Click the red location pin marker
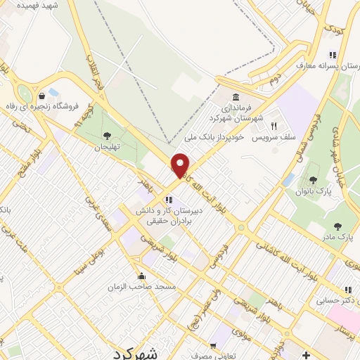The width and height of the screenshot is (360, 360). coord(181,166)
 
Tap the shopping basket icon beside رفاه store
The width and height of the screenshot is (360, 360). coord(43,95)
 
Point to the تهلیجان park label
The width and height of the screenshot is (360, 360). coord(108,148)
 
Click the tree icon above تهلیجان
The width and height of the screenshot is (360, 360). coord(107,136)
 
